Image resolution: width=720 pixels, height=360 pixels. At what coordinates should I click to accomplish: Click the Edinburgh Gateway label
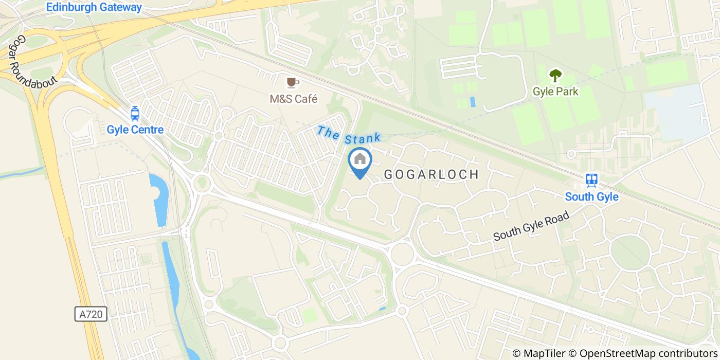pos(94,8)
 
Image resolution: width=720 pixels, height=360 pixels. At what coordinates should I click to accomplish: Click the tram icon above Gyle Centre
pos(135,113)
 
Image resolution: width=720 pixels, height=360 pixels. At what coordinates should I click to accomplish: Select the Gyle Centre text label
pos(135,130)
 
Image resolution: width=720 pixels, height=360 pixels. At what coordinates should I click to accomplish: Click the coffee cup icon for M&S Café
pos(293,82)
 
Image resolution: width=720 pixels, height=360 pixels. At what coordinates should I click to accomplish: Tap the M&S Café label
pos(294,99)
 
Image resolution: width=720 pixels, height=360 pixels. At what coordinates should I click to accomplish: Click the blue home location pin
pos(360,160)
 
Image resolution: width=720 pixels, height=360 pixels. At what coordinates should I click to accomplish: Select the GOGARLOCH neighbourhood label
pos(432,175)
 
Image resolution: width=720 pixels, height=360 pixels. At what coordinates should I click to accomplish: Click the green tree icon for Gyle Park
pos(555,76)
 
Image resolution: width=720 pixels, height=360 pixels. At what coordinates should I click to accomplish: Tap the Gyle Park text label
pos(555,92)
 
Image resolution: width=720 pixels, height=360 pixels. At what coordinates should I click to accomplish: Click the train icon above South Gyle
pos(591,180)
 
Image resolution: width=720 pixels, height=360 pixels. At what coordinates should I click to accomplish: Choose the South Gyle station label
pos(591,196)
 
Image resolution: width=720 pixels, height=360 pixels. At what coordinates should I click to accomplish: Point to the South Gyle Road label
pos(531,226)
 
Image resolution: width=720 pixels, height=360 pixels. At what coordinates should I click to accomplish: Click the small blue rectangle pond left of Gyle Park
pos(473,102)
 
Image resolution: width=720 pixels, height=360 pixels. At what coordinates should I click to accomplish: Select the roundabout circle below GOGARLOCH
pos(402,254)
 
